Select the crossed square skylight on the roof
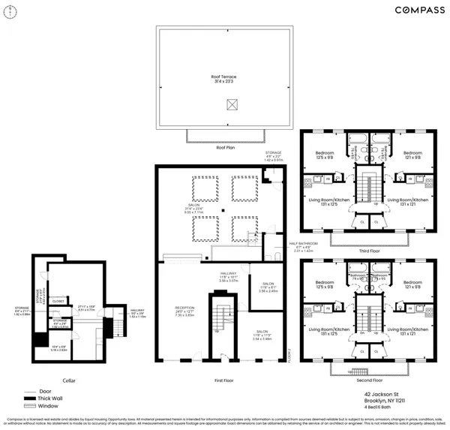[225, 107]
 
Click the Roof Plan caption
[225, 148]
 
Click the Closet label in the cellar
[58, 301]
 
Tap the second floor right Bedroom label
[413, 284]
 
